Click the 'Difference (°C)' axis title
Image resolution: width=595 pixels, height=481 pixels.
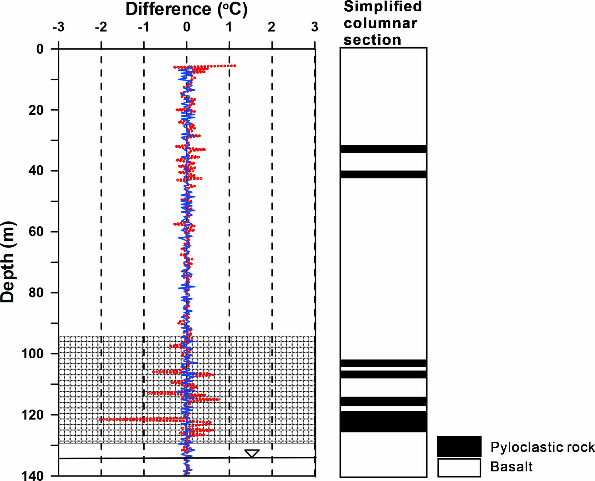click(x=186, y=9)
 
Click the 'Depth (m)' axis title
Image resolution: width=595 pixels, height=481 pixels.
click(x=8, y=262)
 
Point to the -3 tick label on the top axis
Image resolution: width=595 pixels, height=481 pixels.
click(x=58, y=27)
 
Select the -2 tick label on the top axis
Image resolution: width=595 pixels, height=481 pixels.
click(x=101, y=27)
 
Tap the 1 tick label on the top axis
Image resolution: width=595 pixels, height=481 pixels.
click(x=229, y=27)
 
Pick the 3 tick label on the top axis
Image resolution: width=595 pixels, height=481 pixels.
click(x=314, y=27)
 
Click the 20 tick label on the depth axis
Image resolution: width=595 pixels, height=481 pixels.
click(x=36, y=110)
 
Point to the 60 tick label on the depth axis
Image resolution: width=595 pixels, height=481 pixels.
click(x=36, y=232)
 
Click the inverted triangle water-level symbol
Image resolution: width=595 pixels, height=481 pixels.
click(x=252, y=453)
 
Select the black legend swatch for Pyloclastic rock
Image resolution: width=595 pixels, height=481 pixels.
click(x=459, y=446)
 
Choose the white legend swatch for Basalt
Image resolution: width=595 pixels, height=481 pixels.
click(x=459, y=468)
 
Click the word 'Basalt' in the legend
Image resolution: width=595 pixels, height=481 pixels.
click(x=511, y=467)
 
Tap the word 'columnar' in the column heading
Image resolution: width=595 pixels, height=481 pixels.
click(x=380, y=23)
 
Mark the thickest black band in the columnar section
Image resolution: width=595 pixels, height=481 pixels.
click(x=383, y=422)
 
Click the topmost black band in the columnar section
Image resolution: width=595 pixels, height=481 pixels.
click(x=383, y=149)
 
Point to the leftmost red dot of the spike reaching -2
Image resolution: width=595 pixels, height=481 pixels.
click(x=100, y=419)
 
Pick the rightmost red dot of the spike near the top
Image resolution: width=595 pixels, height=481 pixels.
click(x=235, y=66)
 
